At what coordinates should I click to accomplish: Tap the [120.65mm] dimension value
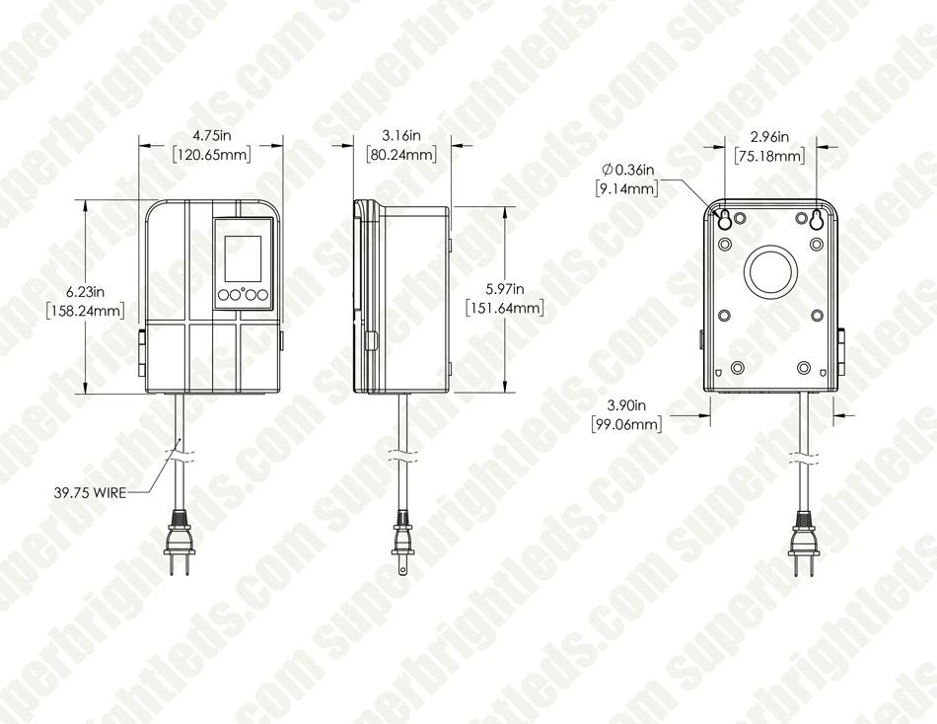pyautogui.click(x=211, y=155)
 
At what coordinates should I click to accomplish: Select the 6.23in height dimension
pyautogui.click(x=86, y=291)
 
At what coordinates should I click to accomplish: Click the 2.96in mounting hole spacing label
pyautogui.click(x=769, y=136)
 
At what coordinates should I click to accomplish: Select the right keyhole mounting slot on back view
pyautogui.click(x=816, y=219)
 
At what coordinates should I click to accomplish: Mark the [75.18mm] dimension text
pyautogui.click(x=769, y=155)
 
